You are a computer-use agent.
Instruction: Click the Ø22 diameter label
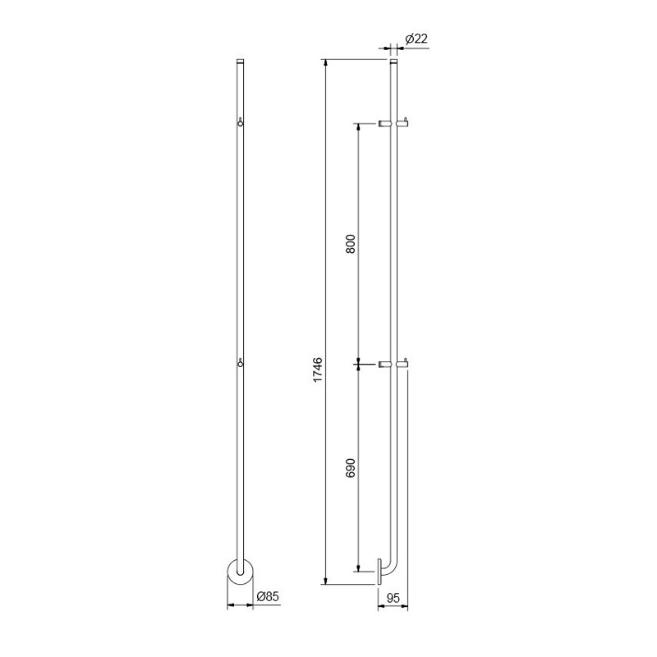click(416, 39)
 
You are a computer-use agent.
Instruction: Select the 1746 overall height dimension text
click(318, 369)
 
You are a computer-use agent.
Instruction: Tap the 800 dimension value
click(351, 243)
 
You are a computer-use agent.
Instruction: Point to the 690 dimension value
click(351, 467)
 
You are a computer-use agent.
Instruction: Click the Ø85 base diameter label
click(268, 596)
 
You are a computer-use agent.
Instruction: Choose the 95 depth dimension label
click(393, 598)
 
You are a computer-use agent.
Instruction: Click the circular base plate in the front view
click(240, 572)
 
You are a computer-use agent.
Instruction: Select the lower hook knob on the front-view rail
click(240, 363)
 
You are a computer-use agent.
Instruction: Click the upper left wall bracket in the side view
click(384, 123)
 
